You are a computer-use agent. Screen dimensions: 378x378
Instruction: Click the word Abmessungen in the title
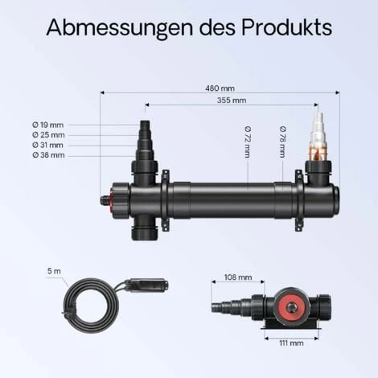(120, 27)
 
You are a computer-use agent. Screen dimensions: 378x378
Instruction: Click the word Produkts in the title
(286, 27)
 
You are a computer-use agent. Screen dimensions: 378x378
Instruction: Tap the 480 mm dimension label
(220, 88)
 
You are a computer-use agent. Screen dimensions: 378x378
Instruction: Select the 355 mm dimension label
(232, 101)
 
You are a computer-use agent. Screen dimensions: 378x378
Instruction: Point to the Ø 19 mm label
(48, 125)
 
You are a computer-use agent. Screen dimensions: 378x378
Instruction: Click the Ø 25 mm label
(48, 135)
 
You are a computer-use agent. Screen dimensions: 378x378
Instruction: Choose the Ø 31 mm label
(48, 145)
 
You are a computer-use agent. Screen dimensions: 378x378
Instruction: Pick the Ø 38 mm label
(48, 155)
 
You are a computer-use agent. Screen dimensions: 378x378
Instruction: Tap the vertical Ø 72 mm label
(248, 142)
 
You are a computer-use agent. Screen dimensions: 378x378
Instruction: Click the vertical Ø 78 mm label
(282, 142)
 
